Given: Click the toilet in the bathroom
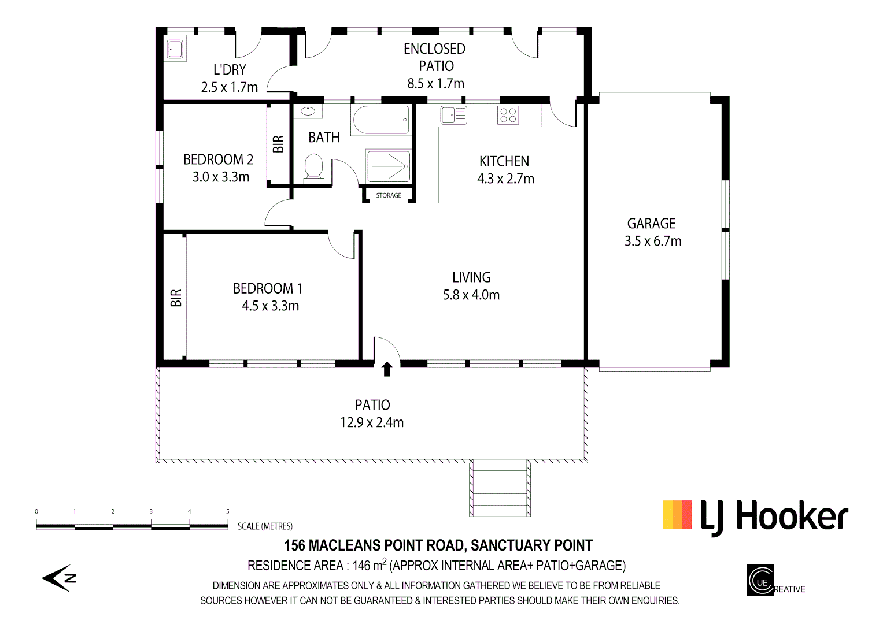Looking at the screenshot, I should tap(313, 168).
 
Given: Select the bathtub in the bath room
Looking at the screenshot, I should tap(380, 120).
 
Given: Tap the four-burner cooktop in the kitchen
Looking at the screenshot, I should tap(508, 116).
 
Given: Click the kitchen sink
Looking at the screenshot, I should tap(453, 116).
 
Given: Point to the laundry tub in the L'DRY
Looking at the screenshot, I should tap(175, 50).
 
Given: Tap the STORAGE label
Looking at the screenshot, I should tap(389, 195).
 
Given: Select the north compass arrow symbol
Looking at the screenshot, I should tap(58, 578).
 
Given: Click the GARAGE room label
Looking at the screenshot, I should tap(651, 224).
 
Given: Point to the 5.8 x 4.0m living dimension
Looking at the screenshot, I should tap(471, 295).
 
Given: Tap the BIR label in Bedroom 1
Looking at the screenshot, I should tap(176, 298).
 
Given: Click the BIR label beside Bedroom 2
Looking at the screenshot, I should tap(279, 144).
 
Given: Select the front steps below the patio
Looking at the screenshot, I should tap(499, 488).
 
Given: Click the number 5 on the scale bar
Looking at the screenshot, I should tap(228, 511).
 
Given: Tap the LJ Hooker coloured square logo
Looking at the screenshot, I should tap(677, 515).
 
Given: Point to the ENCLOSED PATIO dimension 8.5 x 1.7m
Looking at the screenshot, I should tap(435, 84).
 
